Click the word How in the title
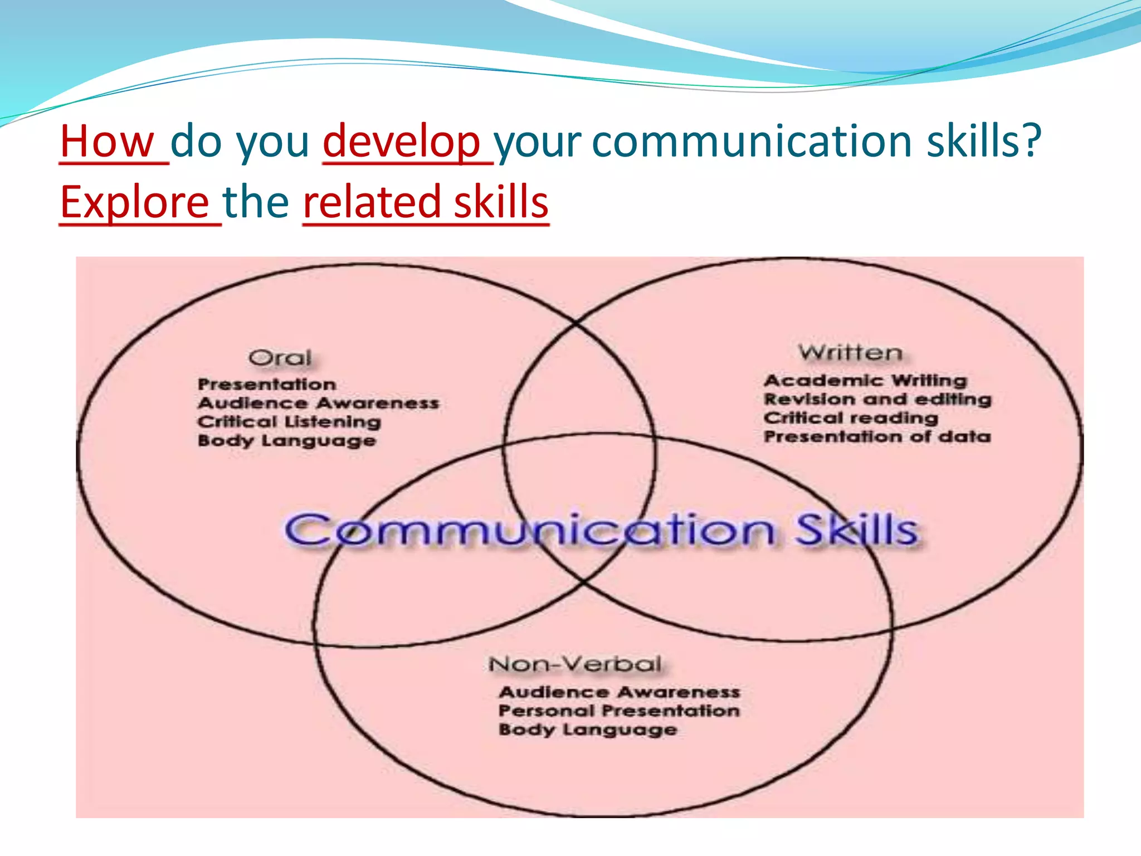107,142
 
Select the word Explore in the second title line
134,202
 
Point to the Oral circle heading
280,358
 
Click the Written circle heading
850,353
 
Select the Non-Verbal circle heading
575,664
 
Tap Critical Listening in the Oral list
289,422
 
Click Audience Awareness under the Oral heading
318,403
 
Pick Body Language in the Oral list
287,441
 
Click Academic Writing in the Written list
865,381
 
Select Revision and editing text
877,400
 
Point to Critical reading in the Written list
851,418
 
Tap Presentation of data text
877,437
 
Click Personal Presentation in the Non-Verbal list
619,711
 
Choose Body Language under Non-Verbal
588,730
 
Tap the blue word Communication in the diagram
529,530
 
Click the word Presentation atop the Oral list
267,385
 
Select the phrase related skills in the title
426,202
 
